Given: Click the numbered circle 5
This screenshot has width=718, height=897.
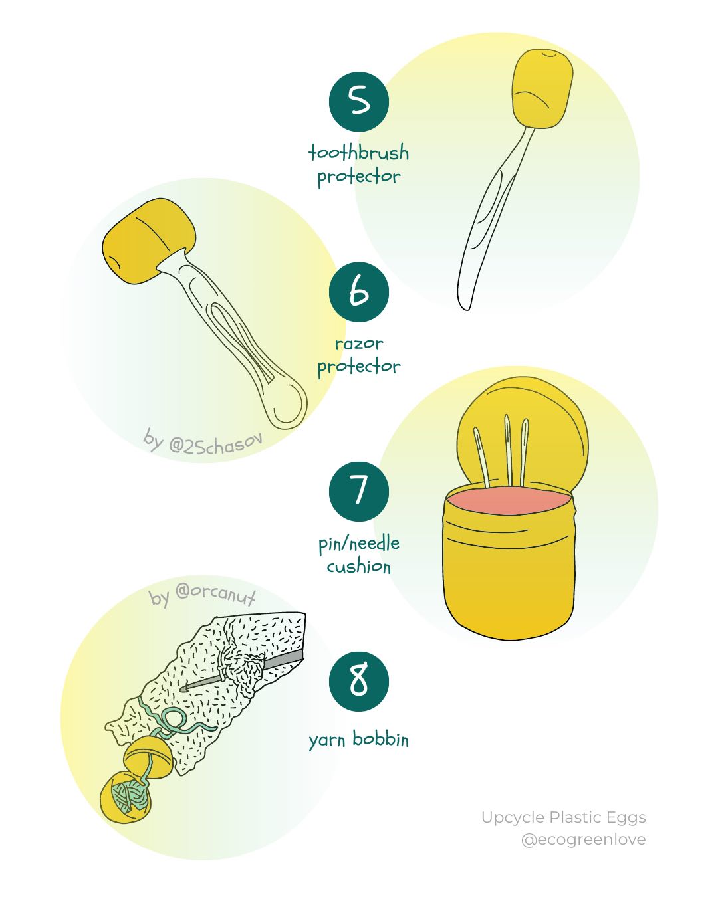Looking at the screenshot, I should tap(358, 102).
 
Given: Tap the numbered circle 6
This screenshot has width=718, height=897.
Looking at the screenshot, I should tap(358, 292).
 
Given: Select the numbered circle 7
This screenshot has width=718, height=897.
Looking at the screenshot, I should tap(358, 492).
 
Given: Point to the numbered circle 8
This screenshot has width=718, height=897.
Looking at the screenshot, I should tap(358, 682).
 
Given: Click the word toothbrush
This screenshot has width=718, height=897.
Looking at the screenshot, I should tap(358, 153).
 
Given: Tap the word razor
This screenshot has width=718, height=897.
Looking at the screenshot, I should tap(358, 344).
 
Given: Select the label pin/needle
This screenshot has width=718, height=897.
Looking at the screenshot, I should tap(358, 544).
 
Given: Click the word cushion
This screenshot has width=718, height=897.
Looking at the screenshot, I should tap(358, 567).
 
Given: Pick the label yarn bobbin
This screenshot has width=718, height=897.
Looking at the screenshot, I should tap(358, 739).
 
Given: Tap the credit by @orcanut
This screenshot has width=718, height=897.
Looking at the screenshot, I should tap(202, 595).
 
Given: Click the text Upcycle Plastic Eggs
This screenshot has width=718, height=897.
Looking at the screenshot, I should tap(563, 817).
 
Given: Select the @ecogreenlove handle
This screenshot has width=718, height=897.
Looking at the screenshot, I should tap(583, 839).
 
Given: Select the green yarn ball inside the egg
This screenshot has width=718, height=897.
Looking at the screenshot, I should tap(130, 797).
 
